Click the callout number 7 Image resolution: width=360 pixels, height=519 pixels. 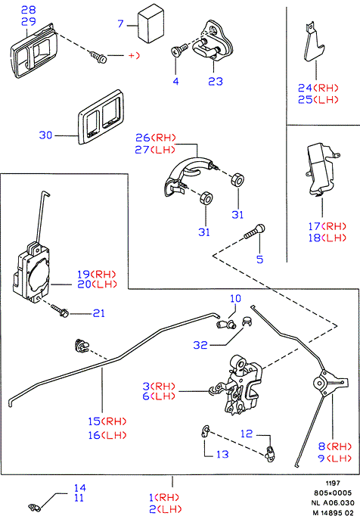click(121, 24)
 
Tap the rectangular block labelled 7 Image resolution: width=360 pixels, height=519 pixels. click(151, 24)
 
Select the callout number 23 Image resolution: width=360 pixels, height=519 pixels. click(216, 82)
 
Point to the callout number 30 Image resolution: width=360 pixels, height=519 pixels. click(45, 135)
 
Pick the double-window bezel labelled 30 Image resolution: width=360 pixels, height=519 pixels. click(101, 117)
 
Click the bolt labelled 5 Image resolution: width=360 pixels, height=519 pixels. click(255, 231)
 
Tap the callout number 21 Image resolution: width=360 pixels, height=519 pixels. click(98, 313)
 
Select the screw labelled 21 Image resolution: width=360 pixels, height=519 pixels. click(60, 311)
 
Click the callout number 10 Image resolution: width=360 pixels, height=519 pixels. click(236, 299)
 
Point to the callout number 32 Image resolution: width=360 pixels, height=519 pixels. click(200, 345)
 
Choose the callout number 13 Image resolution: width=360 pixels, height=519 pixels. click(222, 454)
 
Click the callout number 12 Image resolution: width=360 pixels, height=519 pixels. click(247, 434)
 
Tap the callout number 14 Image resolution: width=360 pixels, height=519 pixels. click(79, 488)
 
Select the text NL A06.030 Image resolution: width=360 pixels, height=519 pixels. click(333, 503)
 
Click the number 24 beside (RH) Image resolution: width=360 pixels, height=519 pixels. click(305, 88)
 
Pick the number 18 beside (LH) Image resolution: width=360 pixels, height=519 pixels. click(314, 238)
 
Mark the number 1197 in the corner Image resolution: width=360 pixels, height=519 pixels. click(333, 483)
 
